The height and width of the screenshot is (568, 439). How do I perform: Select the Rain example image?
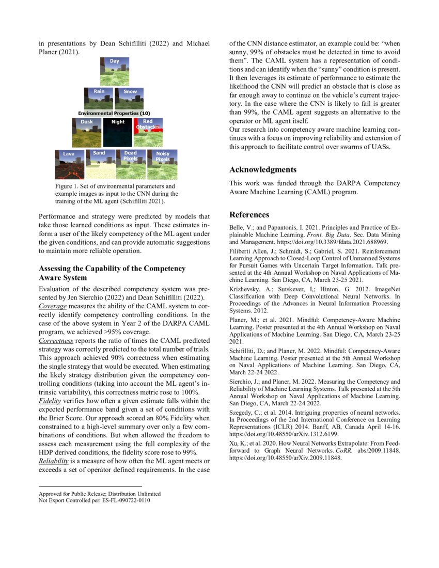pyautogui.click(x=99, y=99)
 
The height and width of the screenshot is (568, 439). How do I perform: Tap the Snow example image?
pyautogui.click(x=130, y=99)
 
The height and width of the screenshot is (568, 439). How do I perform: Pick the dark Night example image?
pyautogui.click(x=118, y=132)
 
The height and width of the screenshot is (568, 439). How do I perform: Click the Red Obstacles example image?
pyautogui.click(x=148, y=132)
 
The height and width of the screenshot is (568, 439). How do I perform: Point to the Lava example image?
pyautogui.click(x=69, y=164)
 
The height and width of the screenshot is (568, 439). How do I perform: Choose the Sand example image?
pyautogui.click(x=100, y=164)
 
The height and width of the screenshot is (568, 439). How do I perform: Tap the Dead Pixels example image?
pyautogui.click(x=131, y=164)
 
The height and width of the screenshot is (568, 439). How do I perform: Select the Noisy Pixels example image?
pyautogui.click(x=162, y=164)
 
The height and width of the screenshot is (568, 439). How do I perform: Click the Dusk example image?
pyautogui.click(x=87, y=132)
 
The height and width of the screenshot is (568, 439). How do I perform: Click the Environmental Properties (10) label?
pyautogui.click(x=114, y=113)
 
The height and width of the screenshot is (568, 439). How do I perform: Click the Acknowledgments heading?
pyautogui.click(x=263, y=169)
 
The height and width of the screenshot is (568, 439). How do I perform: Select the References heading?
pyautogui.click(x=249, y=215)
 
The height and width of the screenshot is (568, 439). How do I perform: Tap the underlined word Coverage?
pyautogui.click(x=53, y=306)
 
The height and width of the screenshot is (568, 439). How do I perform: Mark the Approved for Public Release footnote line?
pyautogui.click(x=100, y=494)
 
